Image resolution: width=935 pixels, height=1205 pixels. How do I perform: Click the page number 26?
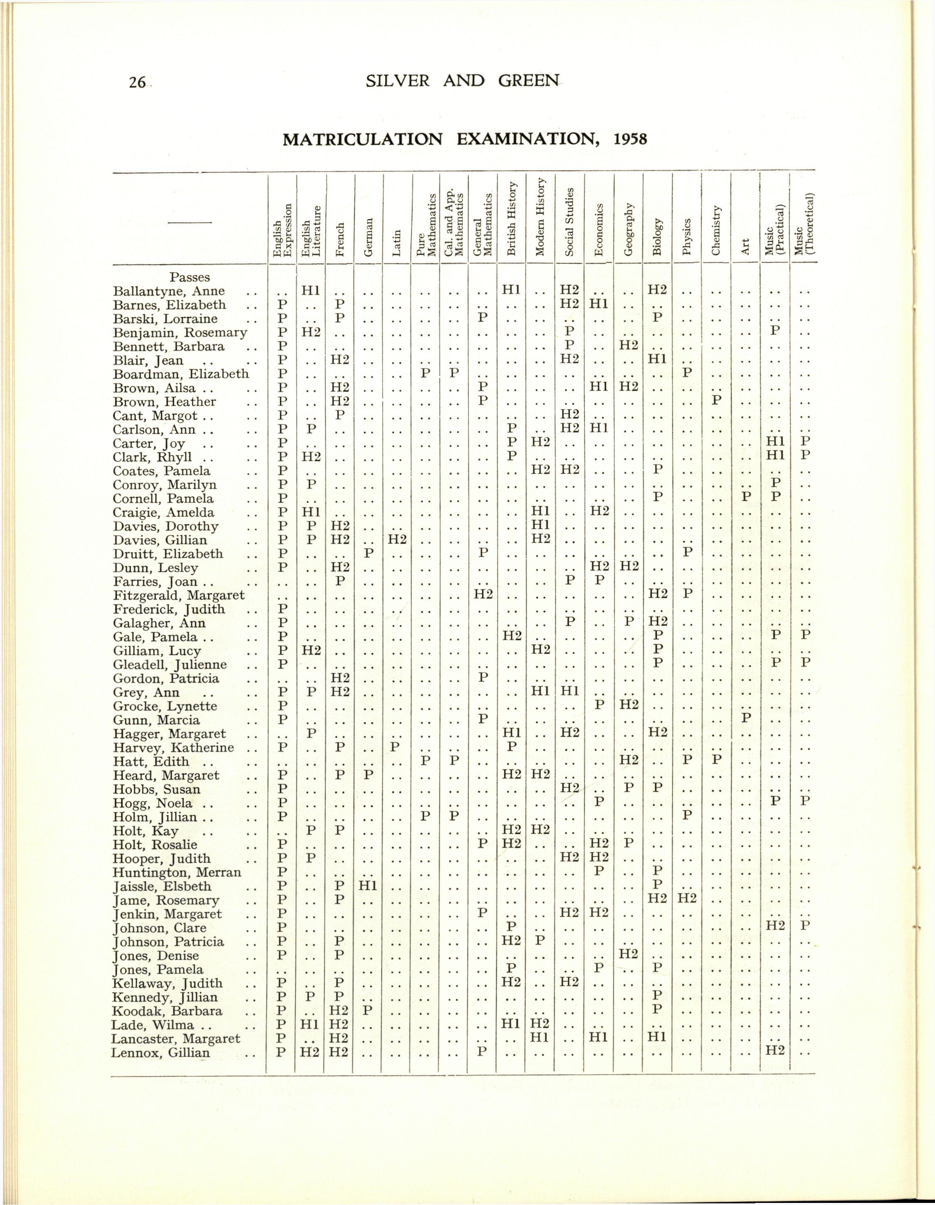tap(134, 82)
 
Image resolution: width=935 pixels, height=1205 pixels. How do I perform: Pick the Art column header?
tap(745, 247)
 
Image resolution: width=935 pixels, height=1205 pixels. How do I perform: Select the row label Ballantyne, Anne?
tap(169, 291)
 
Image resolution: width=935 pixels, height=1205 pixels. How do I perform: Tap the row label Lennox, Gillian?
tap(161, 1053)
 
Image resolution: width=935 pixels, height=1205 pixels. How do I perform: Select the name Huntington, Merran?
tap(177, 873)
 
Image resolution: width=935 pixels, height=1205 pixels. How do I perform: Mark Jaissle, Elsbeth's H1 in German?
tap(368, 887)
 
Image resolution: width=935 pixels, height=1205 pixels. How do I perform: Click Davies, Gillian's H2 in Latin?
tap(397, 540)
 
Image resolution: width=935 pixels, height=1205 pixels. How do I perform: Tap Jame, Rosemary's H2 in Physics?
tap(687, 901)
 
